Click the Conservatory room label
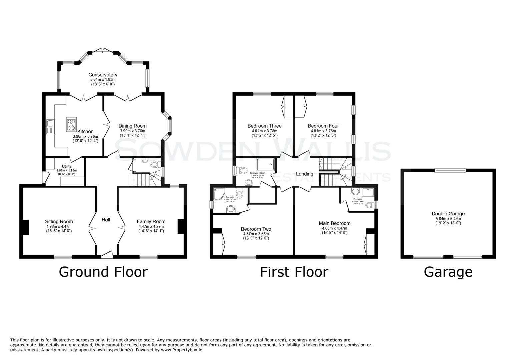click(103, 75)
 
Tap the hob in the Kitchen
click(71, 123)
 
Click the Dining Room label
click(133, 126)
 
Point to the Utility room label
click(66, 166)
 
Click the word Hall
click(106, 220)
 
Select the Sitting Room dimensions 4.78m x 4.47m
click(59, 226)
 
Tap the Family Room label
click(151, 221)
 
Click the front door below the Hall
click(107, 255)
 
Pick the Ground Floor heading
click(103, 272)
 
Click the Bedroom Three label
click(265, 126)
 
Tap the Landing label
click(304, 174)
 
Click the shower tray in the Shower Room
click(266, 165)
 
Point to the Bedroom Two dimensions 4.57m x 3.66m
click(256, 234)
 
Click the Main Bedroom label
click(334, 223)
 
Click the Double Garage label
click(448, 214)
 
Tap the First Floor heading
click(294, 272)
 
